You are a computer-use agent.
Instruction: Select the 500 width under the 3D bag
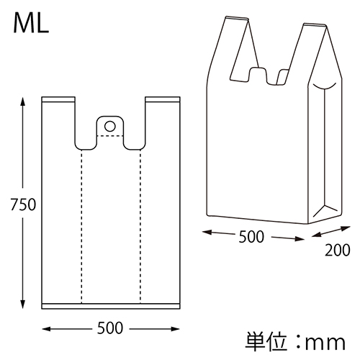point(251,235)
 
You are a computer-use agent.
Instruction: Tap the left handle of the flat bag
point(59,115)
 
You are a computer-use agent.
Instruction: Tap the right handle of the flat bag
point(161,115)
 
